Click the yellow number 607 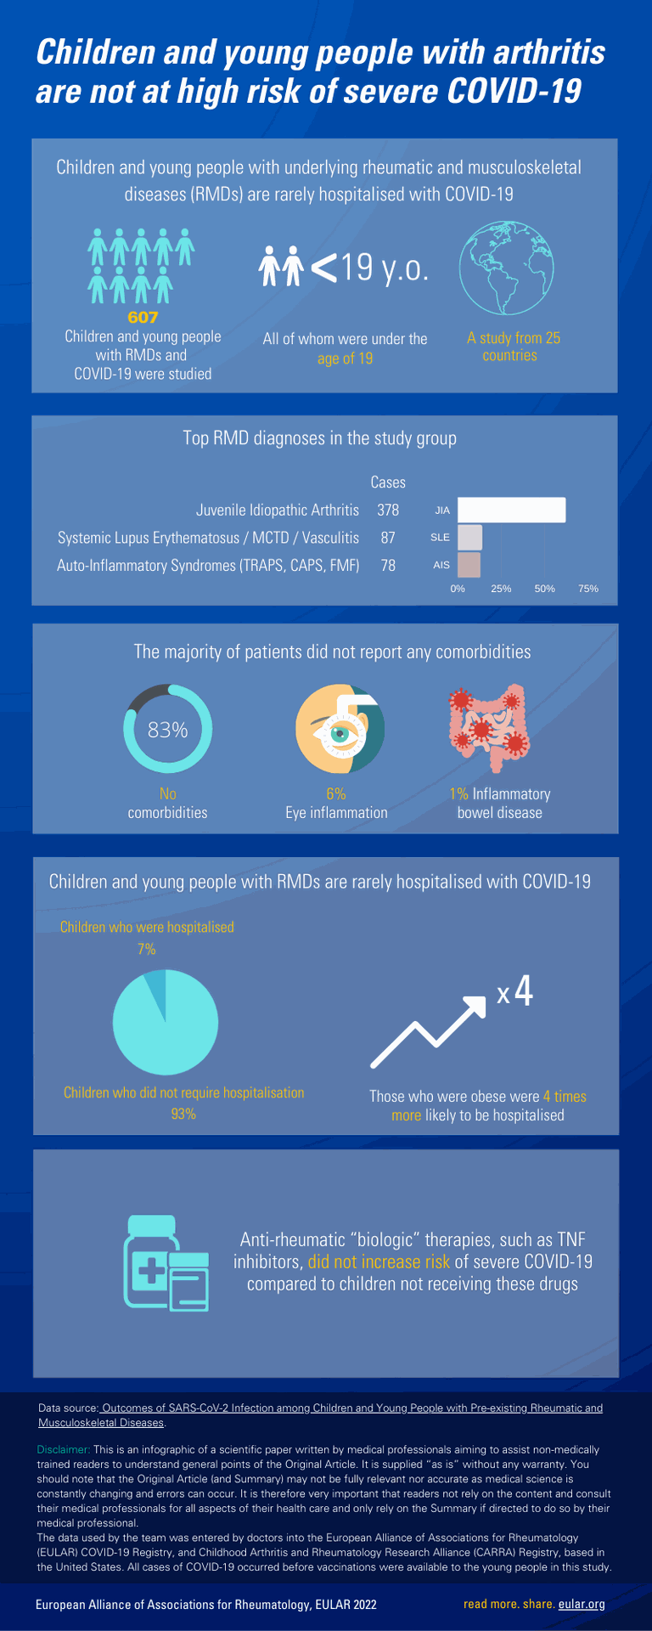tap(143, 317)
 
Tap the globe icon tap(507, 268)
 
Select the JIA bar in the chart tap(511, 510)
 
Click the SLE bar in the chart tap(469, 537)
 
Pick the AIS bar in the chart tap(469, 565)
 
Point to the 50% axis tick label tap(544, 588)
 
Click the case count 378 tap(388, 510)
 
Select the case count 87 tap(388, 538)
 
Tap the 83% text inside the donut tap(167, 730)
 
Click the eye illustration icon tap(340, 729)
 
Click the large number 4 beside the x tap(524, 991)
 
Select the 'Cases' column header tap(388, 482)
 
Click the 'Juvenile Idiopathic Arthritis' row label tap(278, 510)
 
